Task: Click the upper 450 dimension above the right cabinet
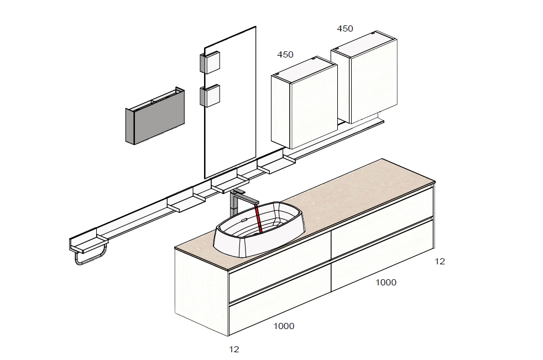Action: pyautogui.click(x=345, y=29)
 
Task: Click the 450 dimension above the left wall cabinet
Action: pyautogui.click(x=285, y=55)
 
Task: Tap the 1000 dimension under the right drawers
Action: pyautogui.click(x=386, y=283)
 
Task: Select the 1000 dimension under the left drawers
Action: pyautogui.click(x=284, y=326)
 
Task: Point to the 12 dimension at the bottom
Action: pyautogui.click(x=234, y=349)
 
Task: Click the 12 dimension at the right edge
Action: pyautogui.click(x=440, y=262)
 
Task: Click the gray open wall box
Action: pyautogui.click(x=155, y=116)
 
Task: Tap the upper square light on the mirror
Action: pyautogui.click(x=210, y=62)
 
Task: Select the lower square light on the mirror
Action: pyautogui.click(x=210, y=95)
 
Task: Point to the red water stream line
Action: pyautogui.click(x=258, y=218)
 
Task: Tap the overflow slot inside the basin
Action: pyautogui.click(x=243, y=220)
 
